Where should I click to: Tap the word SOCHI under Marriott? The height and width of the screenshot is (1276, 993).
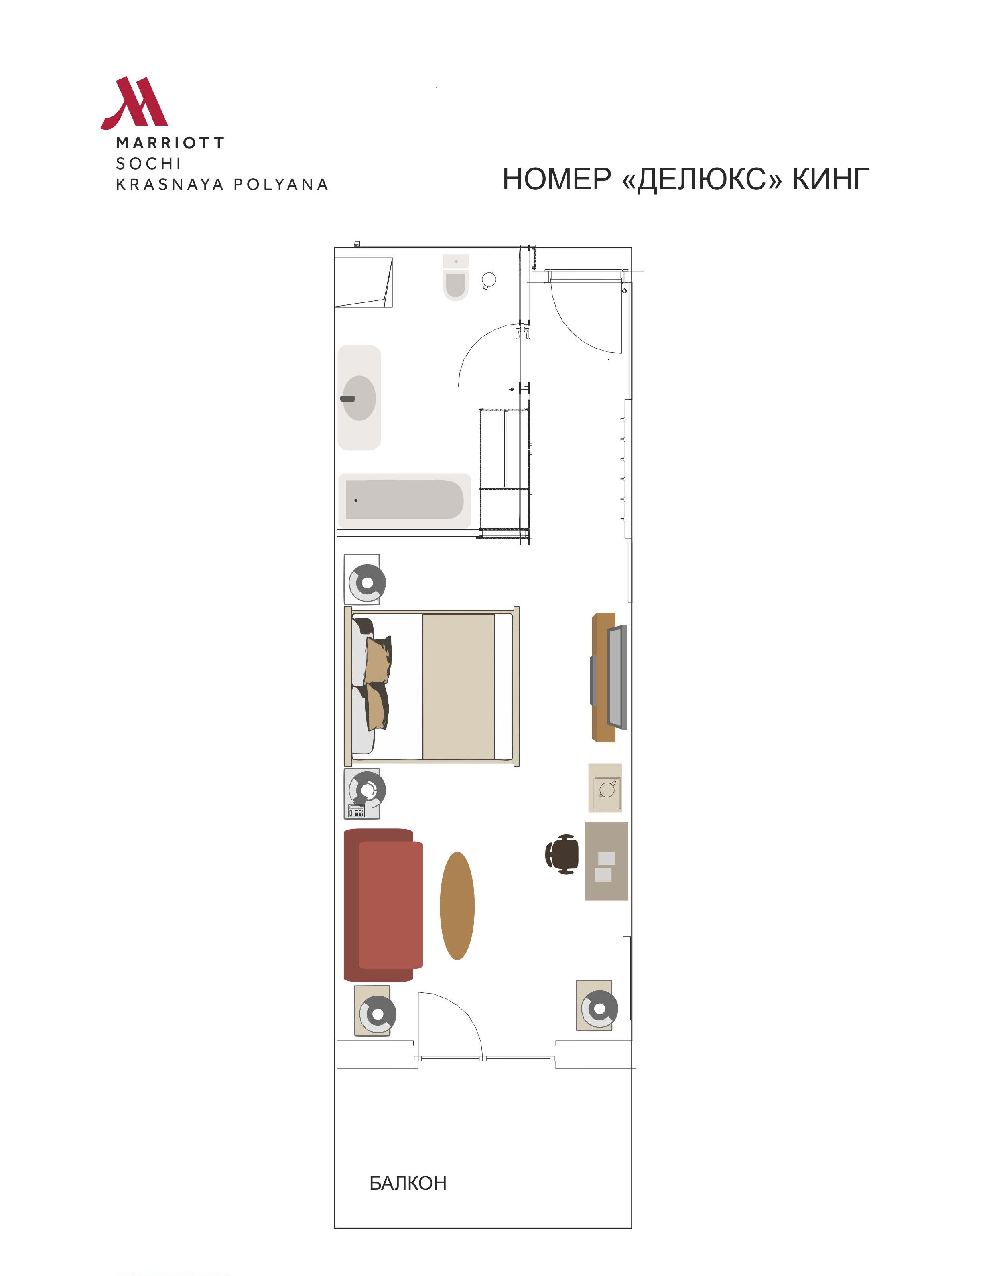[x=148, y=164]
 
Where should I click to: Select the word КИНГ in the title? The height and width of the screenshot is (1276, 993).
[x=831, y=179]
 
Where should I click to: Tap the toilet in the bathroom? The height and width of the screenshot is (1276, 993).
[x=456, y=278]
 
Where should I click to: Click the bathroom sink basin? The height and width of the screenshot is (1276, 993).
[x=359, y=398]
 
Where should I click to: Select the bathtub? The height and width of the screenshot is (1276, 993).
[x=404, y=501]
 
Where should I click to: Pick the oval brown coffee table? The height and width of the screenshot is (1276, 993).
[x=457, y=906]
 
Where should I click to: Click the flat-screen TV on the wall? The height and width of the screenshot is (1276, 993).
[x=617, y=677]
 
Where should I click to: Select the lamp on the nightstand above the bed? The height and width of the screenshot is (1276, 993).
[x=367, y=582]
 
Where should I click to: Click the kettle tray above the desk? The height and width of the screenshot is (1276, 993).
[x=605, y=787]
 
